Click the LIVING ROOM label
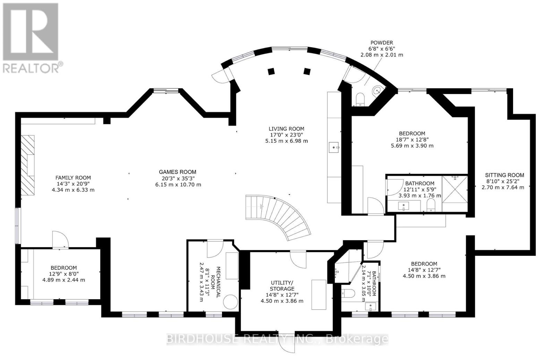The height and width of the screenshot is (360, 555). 286,128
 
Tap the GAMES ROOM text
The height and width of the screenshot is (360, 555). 177,172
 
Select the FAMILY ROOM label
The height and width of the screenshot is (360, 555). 73,178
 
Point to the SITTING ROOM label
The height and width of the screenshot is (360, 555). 504,175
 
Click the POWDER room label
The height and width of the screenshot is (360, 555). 381,43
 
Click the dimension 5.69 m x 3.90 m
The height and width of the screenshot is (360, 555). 412,146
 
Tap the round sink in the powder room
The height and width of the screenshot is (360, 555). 376,91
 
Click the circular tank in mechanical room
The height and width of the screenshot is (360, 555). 230,302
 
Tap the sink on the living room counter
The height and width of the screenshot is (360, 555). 335,147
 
